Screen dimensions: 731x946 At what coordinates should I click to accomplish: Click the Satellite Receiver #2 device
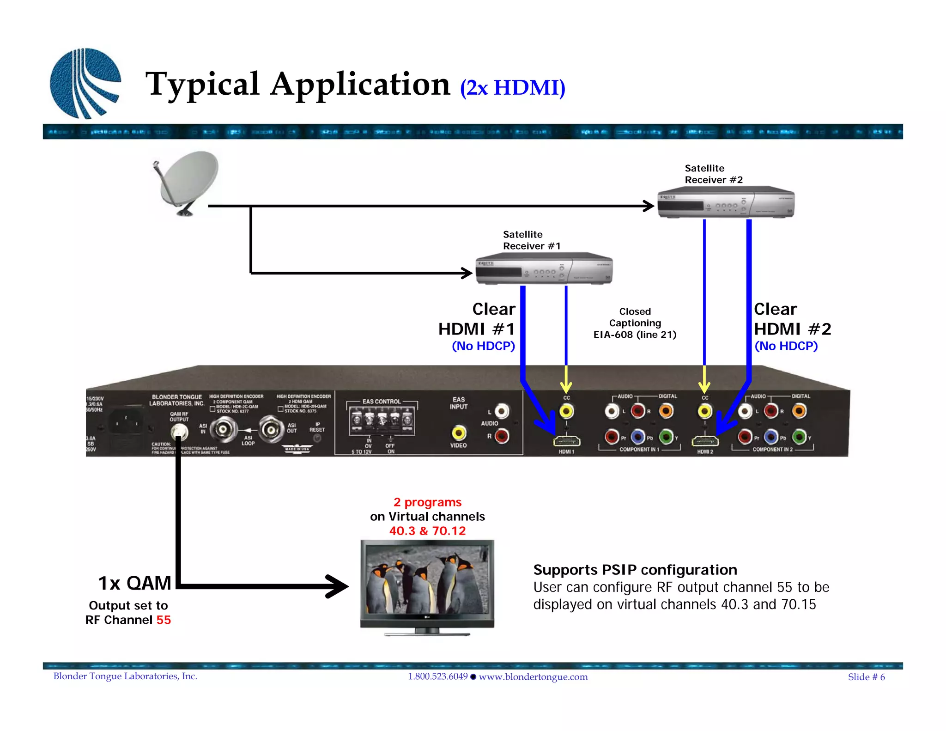point(726,203)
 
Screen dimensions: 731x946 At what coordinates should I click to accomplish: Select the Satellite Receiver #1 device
point(544,269)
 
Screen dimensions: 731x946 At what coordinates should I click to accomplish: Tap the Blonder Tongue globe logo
point(85,84)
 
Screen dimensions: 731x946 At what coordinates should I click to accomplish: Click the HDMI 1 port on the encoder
point(567,442)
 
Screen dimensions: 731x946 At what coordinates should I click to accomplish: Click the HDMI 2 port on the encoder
point(705,442)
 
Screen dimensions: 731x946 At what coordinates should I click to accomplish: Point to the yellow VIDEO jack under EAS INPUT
point(458,433)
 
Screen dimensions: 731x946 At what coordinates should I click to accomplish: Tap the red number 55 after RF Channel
point(164,620)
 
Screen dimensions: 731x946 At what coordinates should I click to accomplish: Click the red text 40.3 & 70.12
point(427,531)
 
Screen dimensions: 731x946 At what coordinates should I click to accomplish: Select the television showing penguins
point(427,585)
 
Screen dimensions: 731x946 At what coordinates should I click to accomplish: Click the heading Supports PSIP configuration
point(635,570)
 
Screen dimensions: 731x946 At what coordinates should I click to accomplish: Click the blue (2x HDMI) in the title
point(513,88)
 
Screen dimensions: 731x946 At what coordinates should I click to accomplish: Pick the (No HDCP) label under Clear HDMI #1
point(483,346)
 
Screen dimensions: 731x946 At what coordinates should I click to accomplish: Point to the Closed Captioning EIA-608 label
point(635,323)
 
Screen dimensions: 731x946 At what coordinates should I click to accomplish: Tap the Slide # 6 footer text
point(866,677)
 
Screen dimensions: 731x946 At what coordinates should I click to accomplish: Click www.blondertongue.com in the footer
point(533,677)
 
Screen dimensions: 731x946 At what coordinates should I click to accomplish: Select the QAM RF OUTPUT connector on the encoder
point(179,433)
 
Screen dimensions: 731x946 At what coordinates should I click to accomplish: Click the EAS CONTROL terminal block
point(382,421)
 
